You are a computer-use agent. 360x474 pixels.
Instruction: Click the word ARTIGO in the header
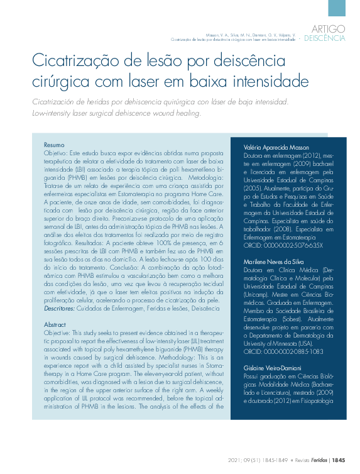[x=329, y=28]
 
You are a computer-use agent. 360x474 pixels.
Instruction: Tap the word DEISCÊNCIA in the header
[x=325, y=38]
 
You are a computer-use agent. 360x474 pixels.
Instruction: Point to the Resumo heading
[x=54, y=145]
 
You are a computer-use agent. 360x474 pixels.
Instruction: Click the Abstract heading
[x=55, y=325]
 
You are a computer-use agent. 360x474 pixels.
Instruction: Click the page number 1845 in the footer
[x=338, y=460]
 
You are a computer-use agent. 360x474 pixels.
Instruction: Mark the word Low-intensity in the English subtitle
[x=55, y=113]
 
